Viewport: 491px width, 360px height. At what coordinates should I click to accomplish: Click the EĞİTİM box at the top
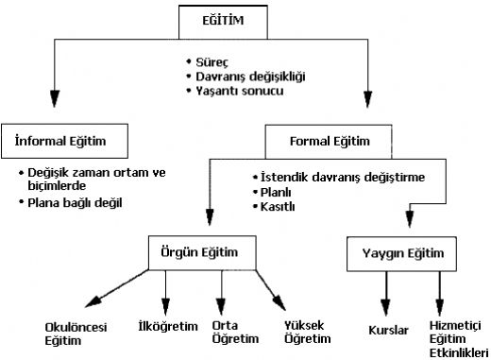coord(245,19)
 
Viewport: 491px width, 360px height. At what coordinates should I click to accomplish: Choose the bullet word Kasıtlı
coord(276,208)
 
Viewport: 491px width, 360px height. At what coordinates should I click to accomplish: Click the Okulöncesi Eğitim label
coord(76,333)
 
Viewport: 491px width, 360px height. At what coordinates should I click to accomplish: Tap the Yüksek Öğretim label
coord(309,332)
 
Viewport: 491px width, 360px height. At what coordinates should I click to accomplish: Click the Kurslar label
coord(387,332)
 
